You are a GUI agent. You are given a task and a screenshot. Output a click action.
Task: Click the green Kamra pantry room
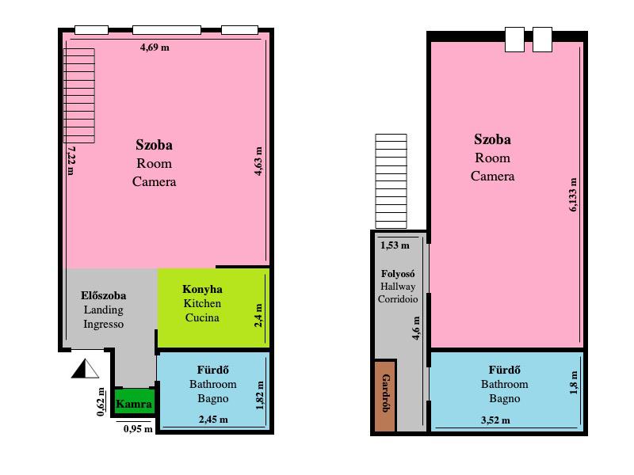click(134, 402)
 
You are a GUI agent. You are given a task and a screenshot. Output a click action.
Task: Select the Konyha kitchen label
click(202, 289)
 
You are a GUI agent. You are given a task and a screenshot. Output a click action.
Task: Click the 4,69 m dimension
click(155, 47)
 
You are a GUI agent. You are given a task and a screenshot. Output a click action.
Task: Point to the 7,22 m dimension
click(71, 161)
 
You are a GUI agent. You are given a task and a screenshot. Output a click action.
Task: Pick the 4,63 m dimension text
click(258, 161)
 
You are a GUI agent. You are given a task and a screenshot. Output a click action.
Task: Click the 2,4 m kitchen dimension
click(259, 315)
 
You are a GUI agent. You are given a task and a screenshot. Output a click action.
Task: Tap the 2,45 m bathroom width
click(213, 420)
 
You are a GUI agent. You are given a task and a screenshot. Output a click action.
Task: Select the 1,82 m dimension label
click(259, 395)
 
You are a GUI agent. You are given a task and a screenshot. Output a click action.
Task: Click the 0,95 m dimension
click(138, 429)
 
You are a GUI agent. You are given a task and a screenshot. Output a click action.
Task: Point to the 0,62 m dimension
click(101, 402)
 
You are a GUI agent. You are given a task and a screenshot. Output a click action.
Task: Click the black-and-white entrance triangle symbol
click(86, 369)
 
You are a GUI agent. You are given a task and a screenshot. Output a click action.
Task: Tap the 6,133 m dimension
click(573, 195)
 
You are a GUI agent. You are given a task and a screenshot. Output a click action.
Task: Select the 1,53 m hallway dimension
click(395, 245)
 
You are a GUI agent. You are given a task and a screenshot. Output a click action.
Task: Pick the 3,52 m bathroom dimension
click(495, 420)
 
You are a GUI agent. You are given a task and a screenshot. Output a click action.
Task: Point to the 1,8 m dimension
click(573, 383)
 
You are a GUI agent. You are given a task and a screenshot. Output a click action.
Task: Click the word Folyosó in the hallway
click(398, 274)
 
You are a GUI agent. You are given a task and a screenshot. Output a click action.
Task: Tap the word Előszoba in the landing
click(104, 295)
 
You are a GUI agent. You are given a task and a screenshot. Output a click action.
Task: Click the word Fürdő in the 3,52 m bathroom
click(504, 370)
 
